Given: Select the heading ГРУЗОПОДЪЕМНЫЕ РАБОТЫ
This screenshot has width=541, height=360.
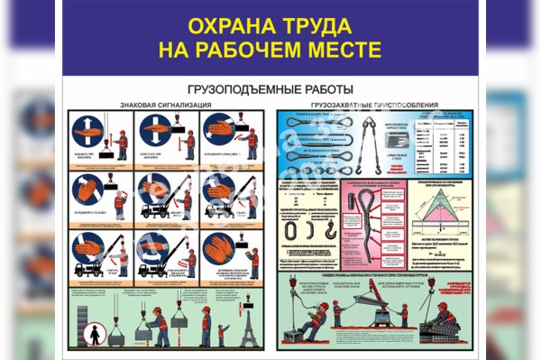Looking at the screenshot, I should pos(271,90).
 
